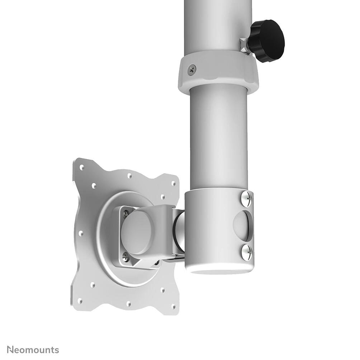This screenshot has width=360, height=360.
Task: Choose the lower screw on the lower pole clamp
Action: tap(246, 252)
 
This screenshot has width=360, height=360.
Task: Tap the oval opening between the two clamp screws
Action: tap(244, 225)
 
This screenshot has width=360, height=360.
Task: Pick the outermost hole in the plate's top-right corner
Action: tap(174, 183)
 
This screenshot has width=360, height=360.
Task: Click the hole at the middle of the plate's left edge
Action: tap(81, 233)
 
